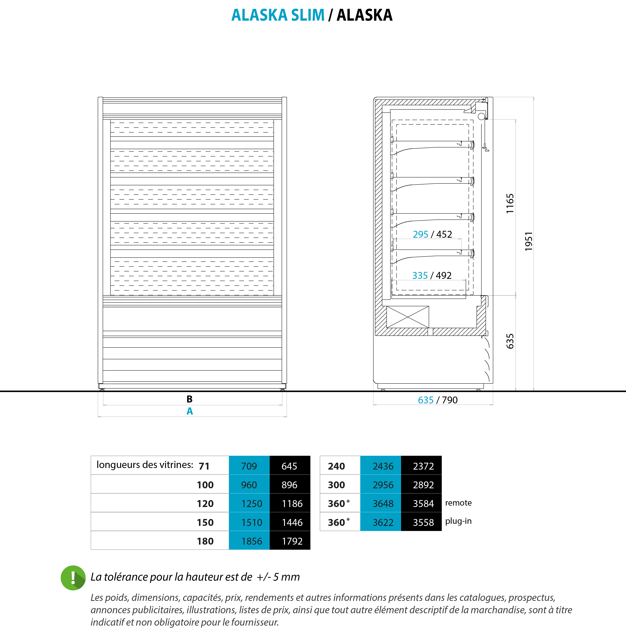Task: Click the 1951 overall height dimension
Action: [x=528, y=241]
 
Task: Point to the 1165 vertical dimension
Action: [x=510, y=203]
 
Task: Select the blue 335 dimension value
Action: [x=420, y=275]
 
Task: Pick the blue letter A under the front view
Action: [x=190, y=411]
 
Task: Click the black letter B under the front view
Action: [x=190, y=399]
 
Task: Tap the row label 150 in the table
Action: [x=205, y=522]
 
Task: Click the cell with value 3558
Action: [x=423, y=522]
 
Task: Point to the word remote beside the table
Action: [x=458, y=503]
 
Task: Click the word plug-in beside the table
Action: [x=458, y=521]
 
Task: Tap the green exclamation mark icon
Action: [x=73, y=578]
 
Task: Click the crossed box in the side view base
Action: [x=407, y=317]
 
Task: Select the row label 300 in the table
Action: [x=336, y=485]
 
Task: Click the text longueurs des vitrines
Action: [x=145, y=465]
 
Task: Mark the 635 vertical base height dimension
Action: [x=510, y=341]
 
